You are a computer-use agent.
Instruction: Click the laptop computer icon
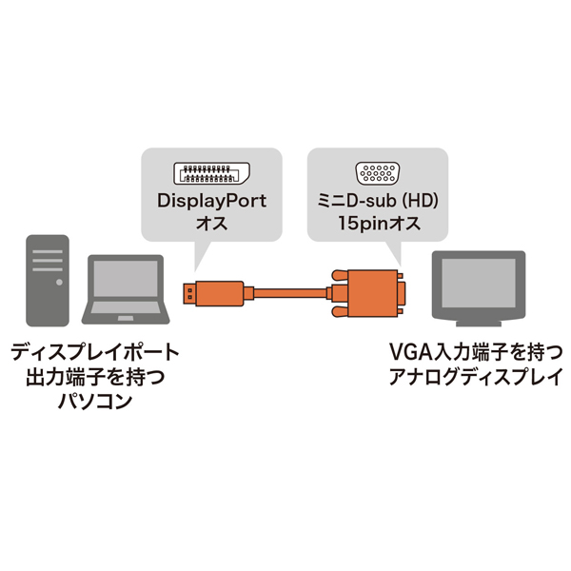(125, 291)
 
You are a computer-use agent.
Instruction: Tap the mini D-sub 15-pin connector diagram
(377, 174)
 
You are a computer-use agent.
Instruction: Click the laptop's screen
(125, 282)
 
